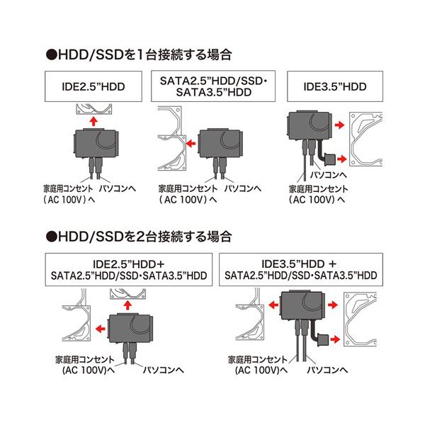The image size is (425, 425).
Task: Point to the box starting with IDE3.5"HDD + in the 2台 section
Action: pos(300,268)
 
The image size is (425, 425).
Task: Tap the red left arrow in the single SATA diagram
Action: pos(190,141)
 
